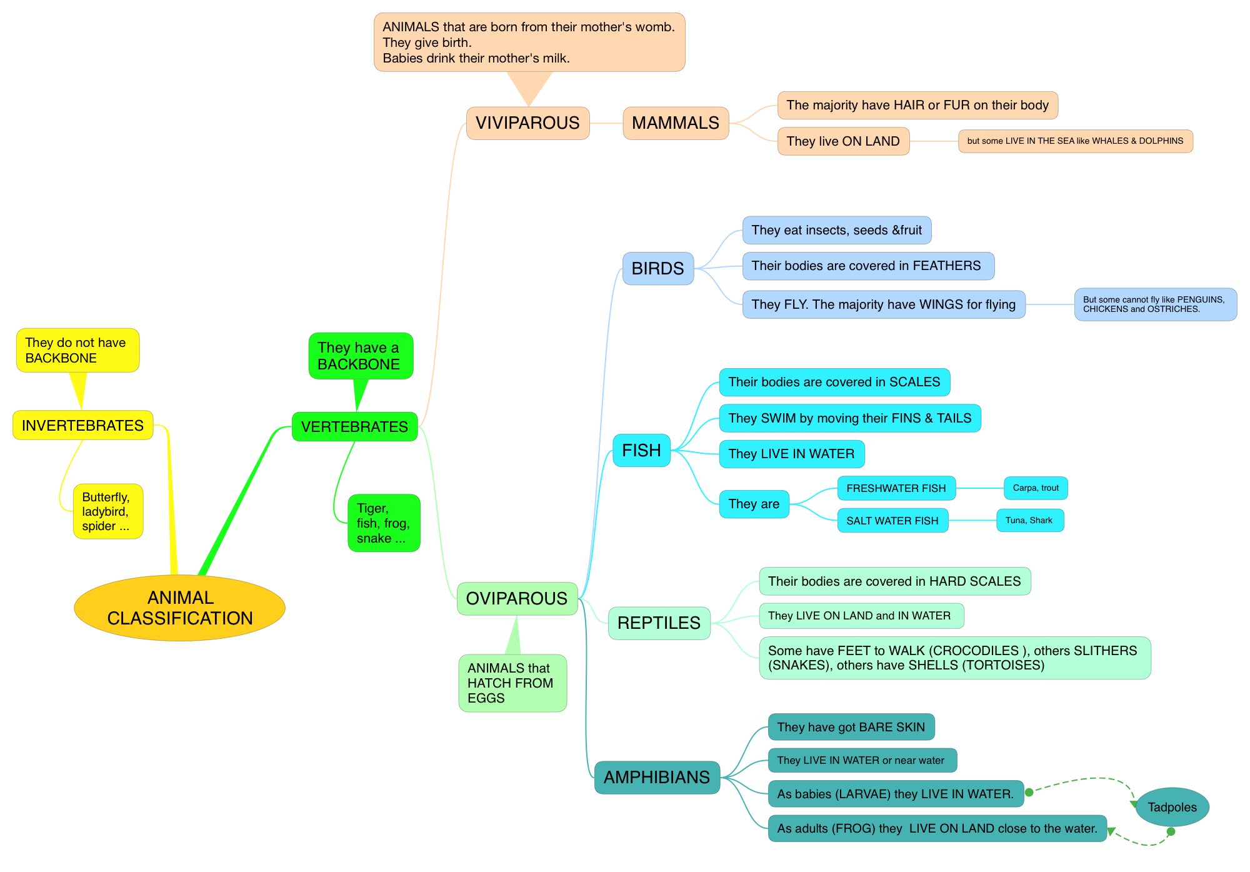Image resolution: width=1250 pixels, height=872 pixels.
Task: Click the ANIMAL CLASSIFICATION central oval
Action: tap(179, 608)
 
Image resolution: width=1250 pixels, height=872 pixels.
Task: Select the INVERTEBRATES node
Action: tap(82, 426)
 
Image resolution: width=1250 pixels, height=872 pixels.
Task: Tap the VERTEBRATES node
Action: tap(354, 427)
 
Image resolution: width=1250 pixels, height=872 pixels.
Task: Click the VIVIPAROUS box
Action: tap(527, 123)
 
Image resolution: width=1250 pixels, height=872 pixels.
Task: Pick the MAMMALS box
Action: tap(676, 123)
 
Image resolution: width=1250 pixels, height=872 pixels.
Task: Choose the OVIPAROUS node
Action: tap(517, 599)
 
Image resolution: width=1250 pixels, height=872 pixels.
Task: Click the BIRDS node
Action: tap(657, 269)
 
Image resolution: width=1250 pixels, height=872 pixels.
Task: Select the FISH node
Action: tap(641, 451)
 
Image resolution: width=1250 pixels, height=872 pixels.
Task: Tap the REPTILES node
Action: tap(659, 623)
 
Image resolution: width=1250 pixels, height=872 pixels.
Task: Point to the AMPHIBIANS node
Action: tap(657, 778)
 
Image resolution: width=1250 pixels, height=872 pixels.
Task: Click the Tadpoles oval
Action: tap(1172, 807)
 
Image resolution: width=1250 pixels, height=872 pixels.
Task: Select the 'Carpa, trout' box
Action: tap(1036, 488)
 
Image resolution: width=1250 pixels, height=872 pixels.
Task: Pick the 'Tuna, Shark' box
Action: tap(1029, 521)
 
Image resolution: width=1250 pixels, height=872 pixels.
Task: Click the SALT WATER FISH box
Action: tap(892, 521)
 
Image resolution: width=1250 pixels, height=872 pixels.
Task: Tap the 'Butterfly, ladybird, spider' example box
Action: tap(107, 511)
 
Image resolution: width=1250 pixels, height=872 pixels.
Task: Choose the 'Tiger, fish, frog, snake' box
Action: tap(384, 523)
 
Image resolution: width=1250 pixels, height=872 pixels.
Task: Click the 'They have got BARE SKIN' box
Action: tap(851, 727)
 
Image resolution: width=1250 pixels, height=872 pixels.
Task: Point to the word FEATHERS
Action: tap(947, 266)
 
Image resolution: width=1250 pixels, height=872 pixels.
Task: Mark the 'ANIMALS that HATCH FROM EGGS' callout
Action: tap(512, 683)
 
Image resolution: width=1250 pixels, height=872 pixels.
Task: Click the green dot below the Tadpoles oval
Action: tap(1171, 832)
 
